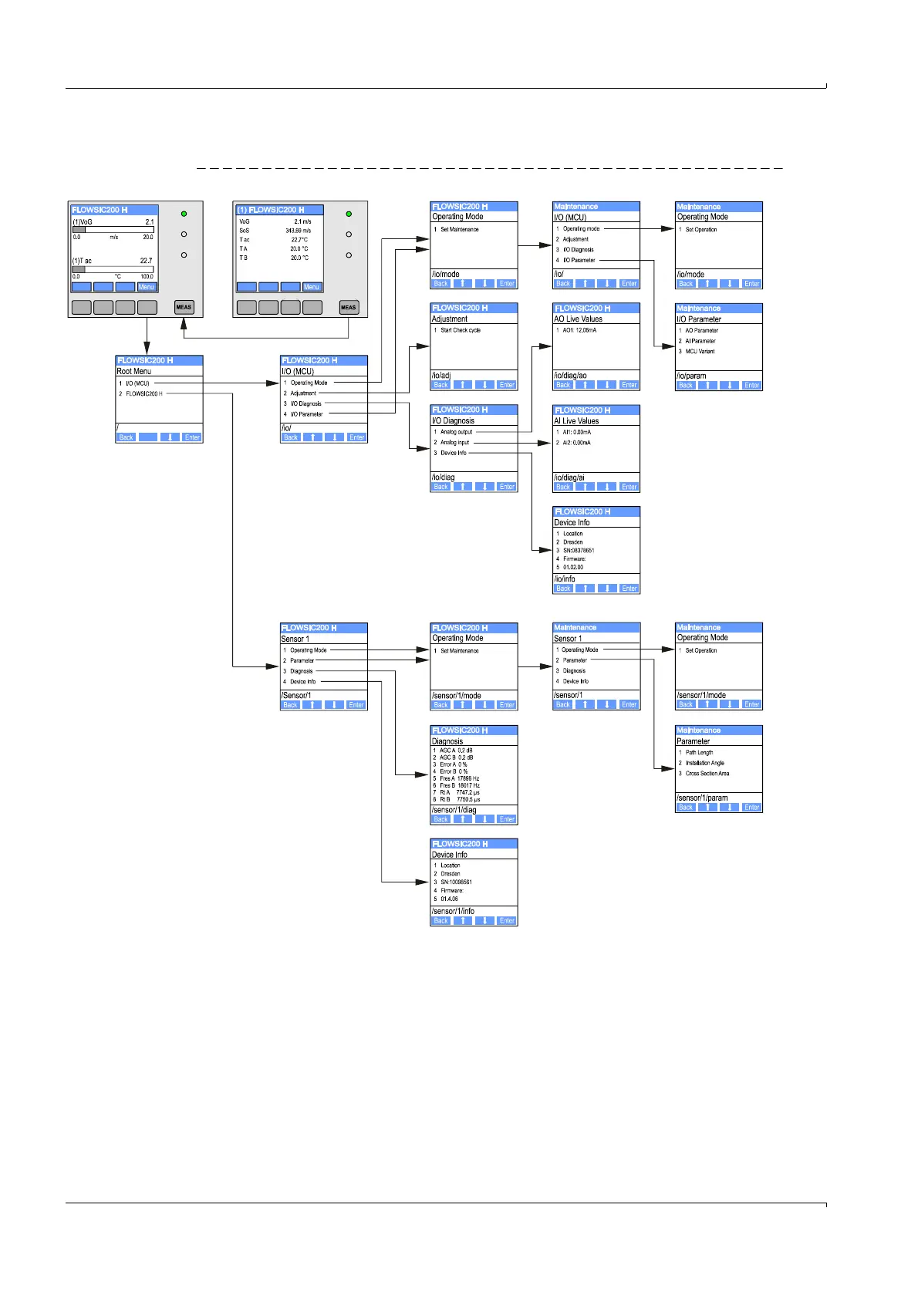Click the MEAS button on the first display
pyautogui.click(x=184, y=307)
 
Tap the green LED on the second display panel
pyautogui.click(x=349, y=214)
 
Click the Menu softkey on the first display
pyautogui.click(x=147, y=287)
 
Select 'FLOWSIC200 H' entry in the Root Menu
pyautogui.click(x=144, y=393)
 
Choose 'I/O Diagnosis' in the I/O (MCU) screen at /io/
pyautogui.click(x=306, y=403)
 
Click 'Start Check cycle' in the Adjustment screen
pyautogui.click(x=461, y=330)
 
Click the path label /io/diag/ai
pyautogui.click(x=569, y=477)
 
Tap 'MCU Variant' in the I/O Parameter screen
pyautogui.click(x=700, y=351)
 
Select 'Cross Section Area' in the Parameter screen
pyautogui.click(x=707, y=773)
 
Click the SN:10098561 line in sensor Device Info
pyautogui.click(x=456, y=882)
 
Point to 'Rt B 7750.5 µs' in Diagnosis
pyautogui.click(x=460, y=799)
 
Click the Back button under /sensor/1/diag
pyautogui.click(x=441, y=819)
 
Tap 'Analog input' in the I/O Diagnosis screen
pyautogui.click(x=455, y=442)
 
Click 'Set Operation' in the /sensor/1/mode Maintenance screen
pyautogui.click(x=701, y=650)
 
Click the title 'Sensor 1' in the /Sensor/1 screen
pyautogui.click(x=295, y=639)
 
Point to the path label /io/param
pyautogui.click(x=691, y=376)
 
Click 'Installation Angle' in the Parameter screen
pyautogui.click(x=705, y=763)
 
